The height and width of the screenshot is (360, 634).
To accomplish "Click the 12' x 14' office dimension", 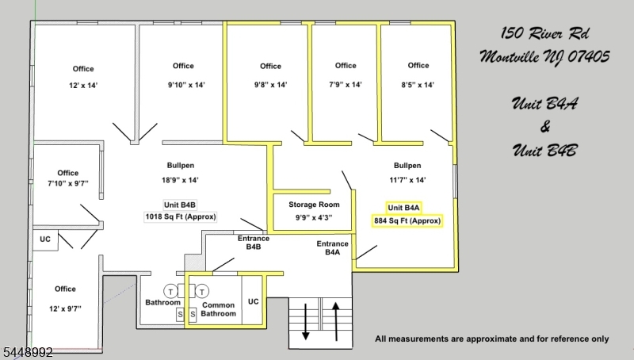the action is click(83, 86).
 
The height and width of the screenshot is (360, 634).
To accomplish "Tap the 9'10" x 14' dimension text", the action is click(186, 85).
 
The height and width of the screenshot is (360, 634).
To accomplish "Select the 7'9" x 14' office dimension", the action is click(346, 85).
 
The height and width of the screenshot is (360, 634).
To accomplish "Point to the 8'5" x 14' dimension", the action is click(418, 85).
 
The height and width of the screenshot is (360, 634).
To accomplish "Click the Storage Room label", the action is click(314, 205).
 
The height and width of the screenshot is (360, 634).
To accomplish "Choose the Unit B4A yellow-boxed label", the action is click(403, 208).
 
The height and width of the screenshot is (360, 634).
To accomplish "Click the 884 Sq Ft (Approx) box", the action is click(407, 221).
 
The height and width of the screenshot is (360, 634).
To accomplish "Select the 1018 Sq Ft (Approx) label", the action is click(181, 216).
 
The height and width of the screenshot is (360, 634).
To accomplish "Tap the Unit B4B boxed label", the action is click(180, 205).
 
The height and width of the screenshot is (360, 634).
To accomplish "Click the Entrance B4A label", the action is click(332, 248).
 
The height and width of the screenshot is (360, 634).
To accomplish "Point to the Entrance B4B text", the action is click(254, 243).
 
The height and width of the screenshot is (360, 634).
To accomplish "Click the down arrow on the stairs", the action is click(306, 321).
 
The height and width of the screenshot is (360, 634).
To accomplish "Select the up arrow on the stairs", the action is click(336, 321).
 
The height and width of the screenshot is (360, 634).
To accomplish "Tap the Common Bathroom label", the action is click(219, 309).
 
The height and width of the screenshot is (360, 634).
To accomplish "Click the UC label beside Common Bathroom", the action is click(254, 302).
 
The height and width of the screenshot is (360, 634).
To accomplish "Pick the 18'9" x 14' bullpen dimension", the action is click(181, 180).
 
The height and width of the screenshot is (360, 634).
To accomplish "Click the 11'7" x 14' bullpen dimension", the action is click(407, 180).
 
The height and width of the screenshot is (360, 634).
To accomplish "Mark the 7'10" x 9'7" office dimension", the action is click(68, 183).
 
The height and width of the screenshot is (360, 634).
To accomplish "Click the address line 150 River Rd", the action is click(545, 33).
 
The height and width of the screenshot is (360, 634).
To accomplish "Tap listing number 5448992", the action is click(27, 353).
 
